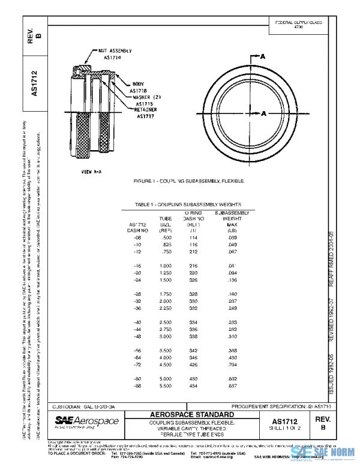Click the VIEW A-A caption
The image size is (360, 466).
pyautogui.click(x=92, y=171)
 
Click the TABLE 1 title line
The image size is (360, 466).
pyautogui.click(x=184, y=205)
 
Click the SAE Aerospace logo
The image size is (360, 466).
pyautogui.click(x=87, y=422)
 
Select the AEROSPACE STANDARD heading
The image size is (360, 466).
pyautogui.click(x=191, y=415)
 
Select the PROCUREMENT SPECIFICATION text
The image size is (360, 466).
pyautogui.click(x=277, y=406)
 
